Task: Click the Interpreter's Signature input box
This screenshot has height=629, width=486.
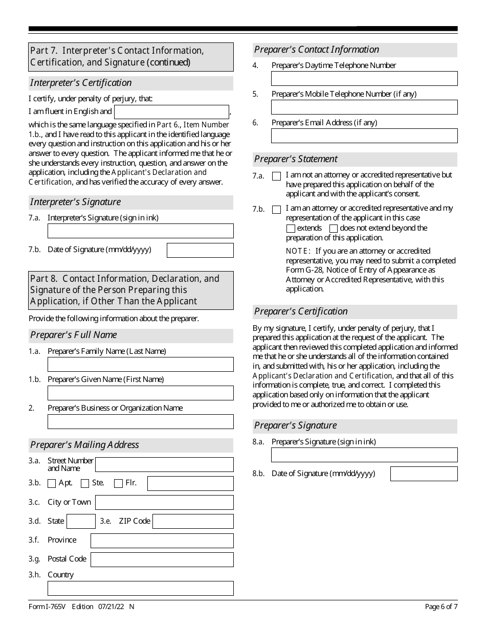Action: point(140,231)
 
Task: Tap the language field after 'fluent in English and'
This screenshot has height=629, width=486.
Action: point(171,112)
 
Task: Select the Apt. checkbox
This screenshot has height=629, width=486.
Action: point(52,483)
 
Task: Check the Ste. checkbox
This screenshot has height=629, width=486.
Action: point(85,483)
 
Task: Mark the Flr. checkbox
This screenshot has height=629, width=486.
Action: point(118,483)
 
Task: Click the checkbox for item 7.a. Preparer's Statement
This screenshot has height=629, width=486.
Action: point(277,176)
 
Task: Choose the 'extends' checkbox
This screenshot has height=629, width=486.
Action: point(291,229)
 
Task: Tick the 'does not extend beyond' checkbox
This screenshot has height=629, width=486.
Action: point(334,229)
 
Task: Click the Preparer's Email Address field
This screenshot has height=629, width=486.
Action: point(364,136)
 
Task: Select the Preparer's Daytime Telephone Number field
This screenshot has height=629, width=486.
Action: point(364,78)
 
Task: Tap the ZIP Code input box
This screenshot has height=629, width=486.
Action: point(193,521)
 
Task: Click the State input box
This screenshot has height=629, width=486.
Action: point(81,521)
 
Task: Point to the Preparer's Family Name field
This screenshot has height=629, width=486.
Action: point(140,364)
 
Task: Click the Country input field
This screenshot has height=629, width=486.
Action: point(140,588)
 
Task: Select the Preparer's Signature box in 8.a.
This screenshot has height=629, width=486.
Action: point(364,455)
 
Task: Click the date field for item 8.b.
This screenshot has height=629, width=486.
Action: point(424,474)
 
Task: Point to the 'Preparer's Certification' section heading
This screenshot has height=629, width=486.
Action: point(301,311)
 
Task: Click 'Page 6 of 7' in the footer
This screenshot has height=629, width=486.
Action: point(441,607)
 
